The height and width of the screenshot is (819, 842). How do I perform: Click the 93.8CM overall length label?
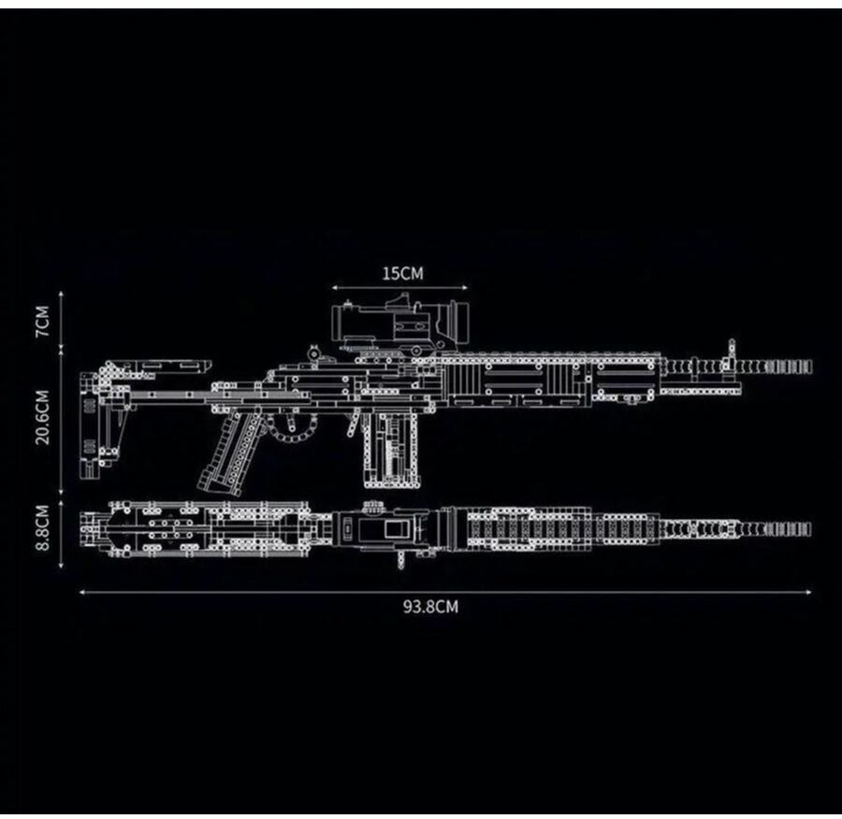(x=430, y=606)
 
